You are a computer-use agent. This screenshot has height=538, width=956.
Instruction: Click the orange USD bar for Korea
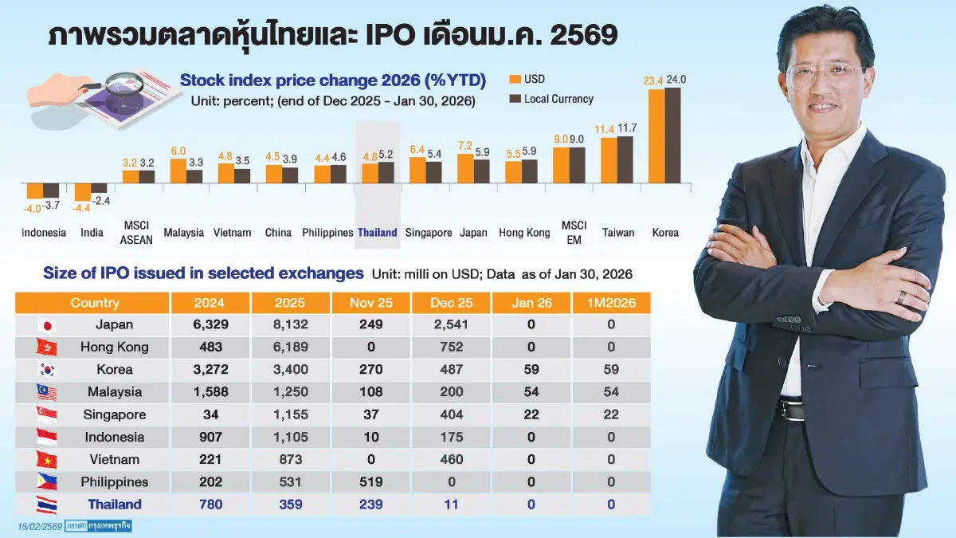coord(656,135)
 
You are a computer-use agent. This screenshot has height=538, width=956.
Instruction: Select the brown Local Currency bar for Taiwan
coord(625,159)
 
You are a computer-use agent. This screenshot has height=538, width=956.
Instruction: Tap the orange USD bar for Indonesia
coord(34,190)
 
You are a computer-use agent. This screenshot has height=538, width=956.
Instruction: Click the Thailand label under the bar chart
coord(377,233)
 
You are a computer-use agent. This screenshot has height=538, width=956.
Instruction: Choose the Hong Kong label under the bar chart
coord(524,233)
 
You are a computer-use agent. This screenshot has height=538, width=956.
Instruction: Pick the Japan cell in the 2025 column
coord(290,324)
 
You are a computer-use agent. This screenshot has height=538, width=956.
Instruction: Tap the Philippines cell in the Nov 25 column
coord(370,481)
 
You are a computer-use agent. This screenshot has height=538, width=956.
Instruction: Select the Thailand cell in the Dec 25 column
coord(451,504)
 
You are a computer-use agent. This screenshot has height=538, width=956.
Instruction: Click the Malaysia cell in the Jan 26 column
coord(531,391)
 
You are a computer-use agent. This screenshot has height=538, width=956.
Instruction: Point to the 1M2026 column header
coord(611,302)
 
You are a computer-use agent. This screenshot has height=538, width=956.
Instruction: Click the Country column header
coord(94,302)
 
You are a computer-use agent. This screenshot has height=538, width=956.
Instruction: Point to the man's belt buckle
coord(792,410)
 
